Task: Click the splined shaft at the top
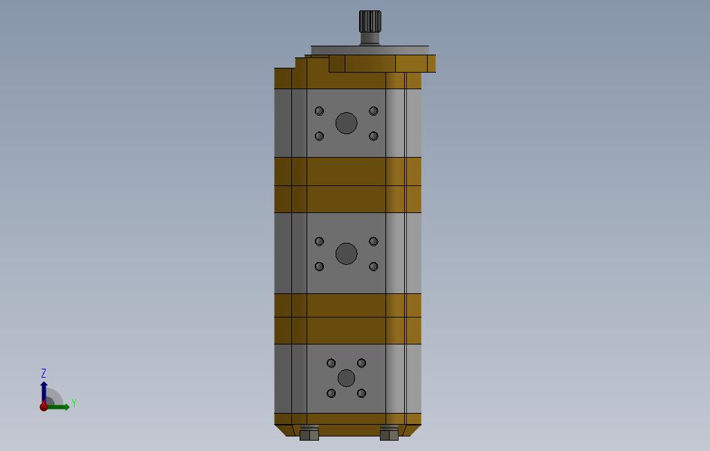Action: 370,22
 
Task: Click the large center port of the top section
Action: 346,124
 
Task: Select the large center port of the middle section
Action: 346,254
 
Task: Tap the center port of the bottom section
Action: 346,378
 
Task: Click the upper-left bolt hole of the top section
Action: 319,111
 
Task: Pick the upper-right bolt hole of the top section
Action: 374,111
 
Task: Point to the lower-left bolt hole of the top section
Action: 319,136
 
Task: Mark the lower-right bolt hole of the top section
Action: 374,136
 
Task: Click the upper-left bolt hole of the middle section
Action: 319,241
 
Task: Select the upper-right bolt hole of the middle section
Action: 374,241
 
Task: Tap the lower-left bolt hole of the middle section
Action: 319,266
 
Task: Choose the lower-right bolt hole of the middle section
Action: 374,266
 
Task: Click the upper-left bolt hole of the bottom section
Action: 331,363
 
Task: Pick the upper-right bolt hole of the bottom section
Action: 361,363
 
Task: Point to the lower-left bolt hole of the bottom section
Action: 331,394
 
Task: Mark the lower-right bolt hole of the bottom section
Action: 361,394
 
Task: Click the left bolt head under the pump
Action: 309,434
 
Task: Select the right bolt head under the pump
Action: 389,434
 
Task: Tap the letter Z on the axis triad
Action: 44,374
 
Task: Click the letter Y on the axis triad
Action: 73,403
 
